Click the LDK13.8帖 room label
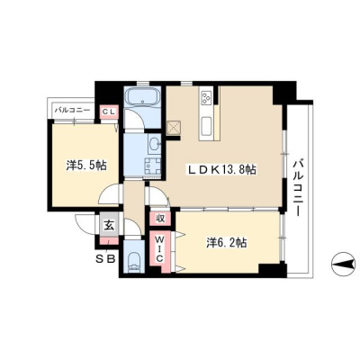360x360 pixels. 222,170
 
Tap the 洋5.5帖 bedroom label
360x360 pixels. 86,166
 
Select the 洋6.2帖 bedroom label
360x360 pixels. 227,242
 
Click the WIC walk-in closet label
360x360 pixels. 159,248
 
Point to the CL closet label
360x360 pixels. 109,112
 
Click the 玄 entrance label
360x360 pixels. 109,225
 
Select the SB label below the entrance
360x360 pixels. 105,259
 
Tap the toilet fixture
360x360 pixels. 134,262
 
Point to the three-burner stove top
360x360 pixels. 206,96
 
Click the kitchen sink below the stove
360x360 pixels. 207,126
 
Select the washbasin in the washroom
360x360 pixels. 155,143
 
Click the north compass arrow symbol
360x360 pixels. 343,265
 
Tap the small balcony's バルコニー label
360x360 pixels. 72,110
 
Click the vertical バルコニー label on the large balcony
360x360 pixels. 297,187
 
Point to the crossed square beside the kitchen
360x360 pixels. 174,128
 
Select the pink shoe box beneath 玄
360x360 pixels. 109,241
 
